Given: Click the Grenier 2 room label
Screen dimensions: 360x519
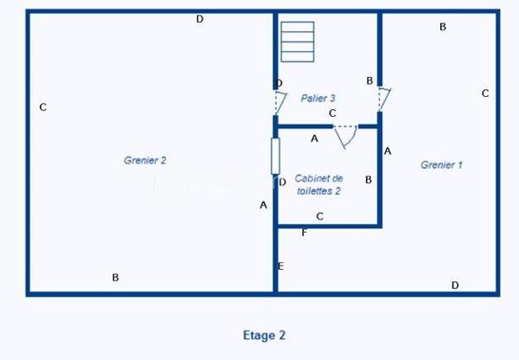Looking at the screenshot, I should click(144, 160).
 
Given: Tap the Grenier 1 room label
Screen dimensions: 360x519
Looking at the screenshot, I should click(442, 164).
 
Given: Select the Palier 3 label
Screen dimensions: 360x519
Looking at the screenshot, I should click(318, 98).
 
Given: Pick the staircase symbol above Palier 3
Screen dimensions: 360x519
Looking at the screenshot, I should click(297, 42).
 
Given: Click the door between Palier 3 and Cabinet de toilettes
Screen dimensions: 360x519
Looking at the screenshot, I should click(346, 135).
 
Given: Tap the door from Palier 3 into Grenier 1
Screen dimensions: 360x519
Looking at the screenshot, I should click(385, 98).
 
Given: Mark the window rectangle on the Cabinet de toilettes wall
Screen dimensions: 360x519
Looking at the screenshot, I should click(275, 155).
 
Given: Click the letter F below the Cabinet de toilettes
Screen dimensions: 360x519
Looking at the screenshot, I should click(304, 233).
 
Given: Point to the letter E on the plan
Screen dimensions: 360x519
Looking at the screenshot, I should click(280, 266).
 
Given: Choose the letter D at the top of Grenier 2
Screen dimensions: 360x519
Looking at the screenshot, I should click(200, 19).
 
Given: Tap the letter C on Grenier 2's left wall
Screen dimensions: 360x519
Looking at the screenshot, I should click(42, 107).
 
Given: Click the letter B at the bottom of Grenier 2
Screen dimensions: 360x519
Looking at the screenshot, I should click(115, 278).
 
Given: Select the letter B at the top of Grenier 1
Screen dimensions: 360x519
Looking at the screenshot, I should click(443, 27).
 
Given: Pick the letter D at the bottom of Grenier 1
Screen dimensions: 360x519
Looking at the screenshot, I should click(455, 285).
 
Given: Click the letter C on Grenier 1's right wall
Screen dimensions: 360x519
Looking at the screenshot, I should click(485, 93).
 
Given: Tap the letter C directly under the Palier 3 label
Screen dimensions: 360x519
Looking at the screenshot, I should click(332, 112).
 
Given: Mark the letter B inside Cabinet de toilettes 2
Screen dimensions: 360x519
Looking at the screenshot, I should click(368, 180).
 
